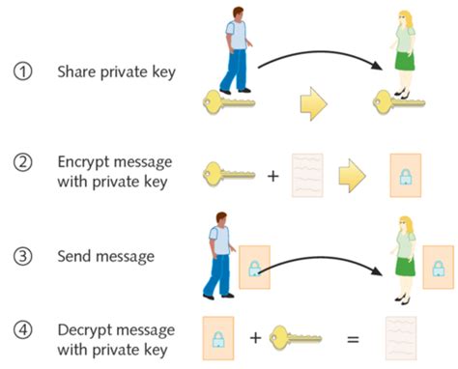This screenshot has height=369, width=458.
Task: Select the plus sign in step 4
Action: pos(255,338)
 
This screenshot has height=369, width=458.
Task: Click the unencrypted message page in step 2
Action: pos(306,175)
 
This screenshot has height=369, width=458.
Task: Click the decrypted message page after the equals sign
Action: pos(402,338)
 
